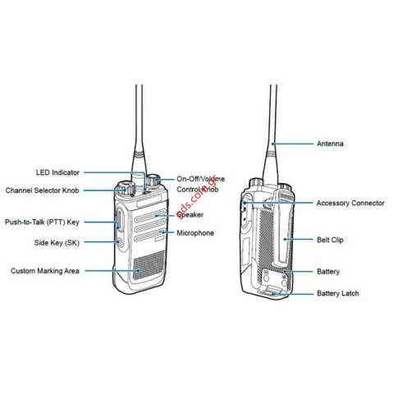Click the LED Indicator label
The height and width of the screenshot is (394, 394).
(x=57, y=172)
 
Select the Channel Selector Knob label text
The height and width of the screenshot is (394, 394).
(x=43, y=190)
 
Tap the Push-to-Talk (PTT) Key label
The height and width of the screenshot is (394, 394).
(x=42, y=222)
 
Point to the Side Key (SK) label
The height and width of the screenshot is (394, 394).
(x=57, y=243)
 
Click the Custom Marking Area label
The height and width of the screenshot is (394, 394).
(x=45, y=271)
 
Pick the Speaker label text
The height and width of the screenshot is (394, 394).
(x=190, y=215)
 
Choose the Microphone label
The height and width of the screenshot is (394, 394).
(x=195, y=233)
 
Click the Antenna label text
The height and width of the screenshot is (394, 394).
(x=330, y=144)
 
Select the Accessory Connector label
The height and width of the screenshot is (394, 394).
(x=350, y=203)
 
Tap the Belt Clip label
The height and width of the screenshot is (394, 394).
(x=330, y=240)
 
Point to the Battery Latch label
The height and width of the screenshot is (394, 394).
(x=338, y=293)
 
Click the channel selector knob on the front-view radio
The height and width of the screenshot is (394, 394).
(x=126, y=188)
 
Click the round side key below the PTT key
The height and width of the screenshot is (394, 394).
(x=119, y=242)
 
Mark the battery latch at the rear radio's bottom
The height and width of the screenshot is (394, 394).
(x=273, y=291)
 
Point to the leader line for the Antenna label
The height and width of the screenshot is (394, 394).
(x=293, y=144)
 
